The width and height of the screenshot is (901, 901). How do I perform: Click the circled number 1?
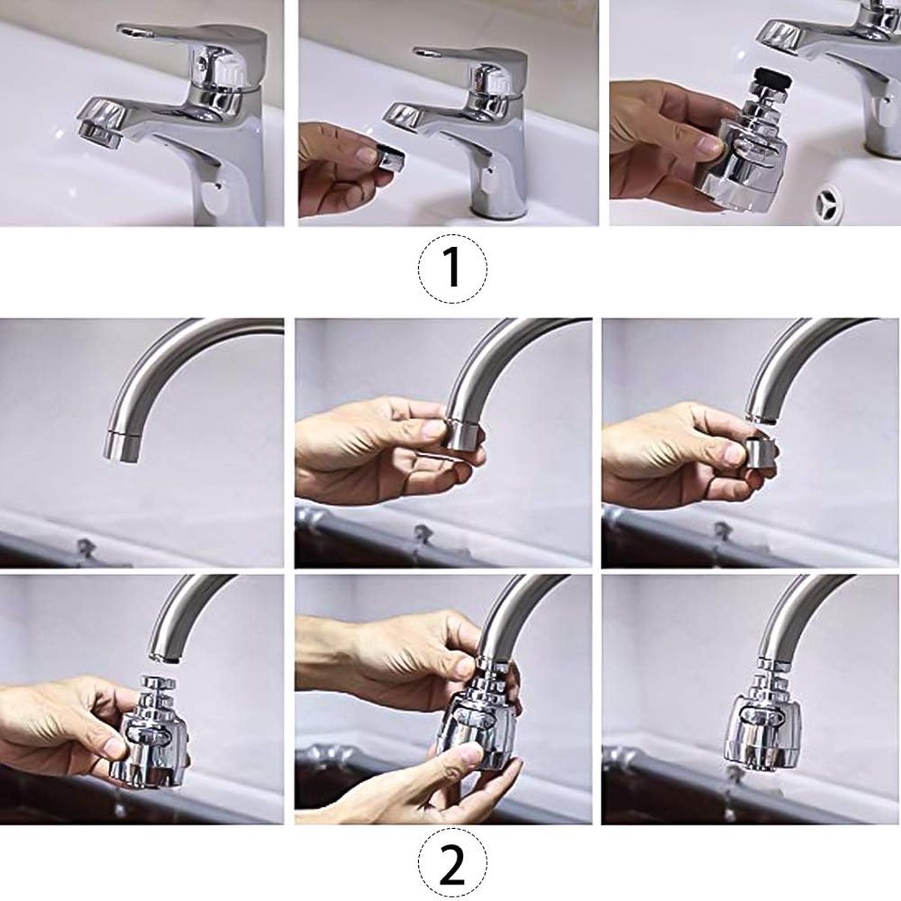[452, 267]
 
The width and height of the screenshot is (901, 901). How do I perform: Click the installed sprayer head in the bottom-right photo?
[758, 713]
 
